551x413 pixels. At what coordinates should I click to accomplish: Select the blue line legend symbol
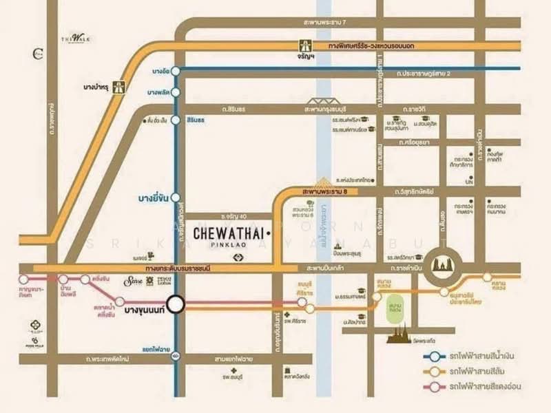pyautogui.click(x=433, y=357)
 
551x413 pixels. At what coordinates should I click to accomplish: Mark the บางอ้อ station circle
pyautogui.click(x=176, y=70)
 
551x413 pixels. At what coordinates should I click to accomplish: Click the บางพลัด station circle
pyautogui.click(x=176, y=92)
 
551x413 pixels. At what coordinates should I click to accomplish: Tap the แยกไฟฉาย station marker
pyautogui.click(x=176, y=356)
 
